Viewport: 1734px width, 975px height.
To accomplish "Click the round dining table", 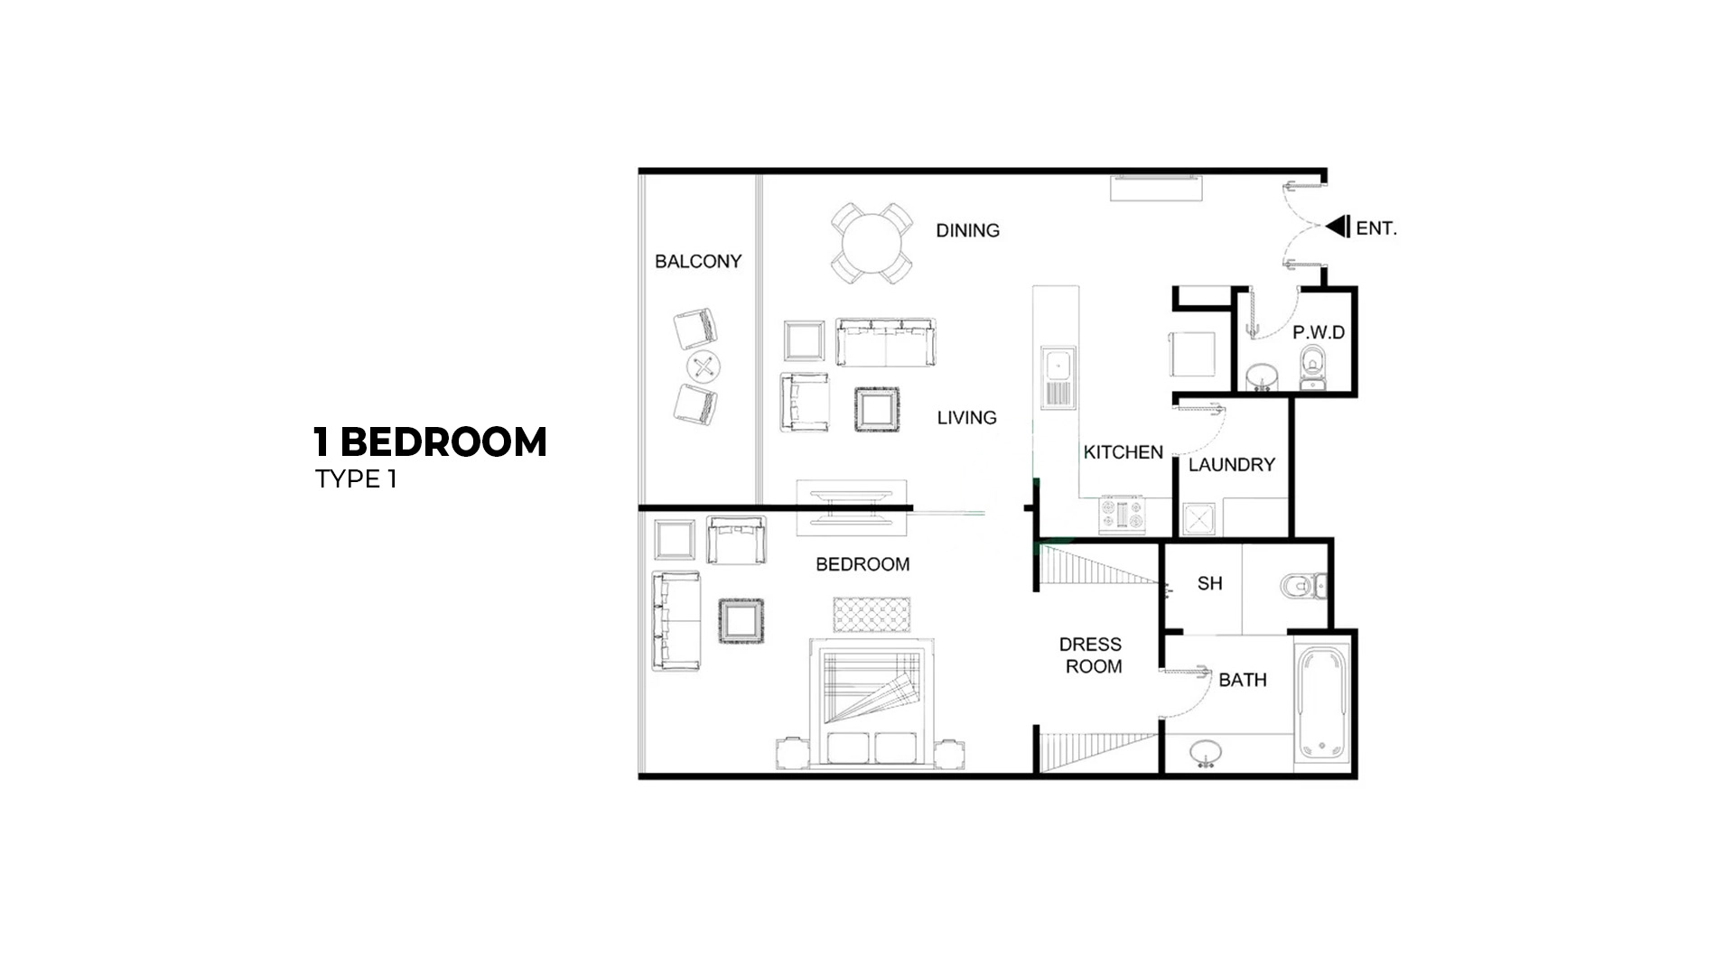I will (x=872, y=244).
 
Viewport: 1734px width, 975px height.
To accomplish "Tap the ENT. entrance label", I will (x=1376, y=228).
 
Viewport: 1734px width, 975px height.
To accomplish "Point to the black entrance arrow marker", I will (x=1338, y=227).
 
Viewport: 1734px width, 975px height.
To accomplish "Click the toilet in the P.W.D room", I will (x=1312, y=369).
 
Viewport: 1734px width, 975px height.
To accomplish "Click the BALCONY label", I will (x=697, y=262).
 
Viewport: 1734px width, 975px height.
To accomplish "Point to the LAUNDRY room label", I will (x=1231, y=465).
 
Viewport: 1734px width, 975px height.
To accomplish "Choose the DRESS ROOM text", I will (x=1091, y=655).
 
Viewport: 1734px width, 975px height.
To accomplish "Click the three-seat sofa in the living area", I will (x=884, y=342).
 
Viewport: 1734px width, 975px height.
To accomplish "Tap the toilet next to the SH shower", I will (x=1300, y=587).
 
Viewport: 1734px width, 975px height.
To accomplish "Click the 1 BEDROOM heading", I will (x=430, y=442).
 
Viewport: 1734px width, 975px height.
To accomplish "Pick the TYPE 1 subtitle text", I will (x=356, y=479).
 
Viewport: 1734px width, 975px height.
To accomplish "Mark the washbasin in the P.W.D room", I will (x=1261, y=376).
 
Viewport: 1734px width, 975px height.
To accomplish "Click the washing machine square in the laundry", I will (x=1198, y=519).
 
